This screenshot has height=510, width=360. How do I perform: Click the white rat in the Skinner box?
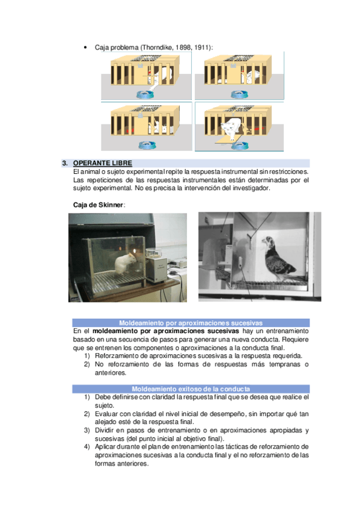pyautogui.click(x=126, y=264)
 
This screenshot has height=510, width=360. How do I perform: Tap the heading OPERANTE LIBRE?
pyautogui.click(x=103, y=163)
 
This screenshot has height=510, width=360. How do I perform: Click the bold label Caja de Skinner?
pyautogui.click(x=98, y=205)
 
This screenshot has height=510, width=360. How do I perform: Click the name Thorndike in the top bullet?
pyautogui.click(x=157, y=48)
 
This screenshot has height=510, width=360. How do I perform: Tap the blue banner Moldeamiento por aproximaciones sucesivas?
pyautogui.click(x=191, y=323)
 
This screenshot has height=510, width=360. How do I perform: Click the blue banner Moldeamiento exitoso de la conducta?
pyautogui.click(x=191, y=389)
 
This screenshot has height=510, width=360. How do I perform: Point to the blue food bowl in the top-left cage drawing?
pyautogui.click(x=145, y=94)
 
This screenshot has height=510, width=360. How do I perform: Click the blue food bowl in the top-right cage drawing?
pyautogui.click(x=239, y=94)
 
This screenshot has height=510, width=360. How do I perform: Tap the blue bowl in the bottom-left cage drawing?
pyautogui.click(x=147, y=145)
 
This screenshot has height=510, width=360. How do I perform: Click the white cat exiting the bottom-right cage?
pyautogui.click(x=232, y=128)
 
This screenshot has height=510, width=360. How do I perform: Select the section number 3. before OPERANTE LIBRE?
pyautogui.click(x=65, y=163)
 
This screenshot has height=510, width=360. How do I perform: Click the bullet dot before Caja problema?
pyautogui.click(x=85, y=48)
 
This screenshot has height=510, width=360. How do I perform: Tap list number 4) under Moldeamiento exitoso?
pyautogui.click(x=87, y=447)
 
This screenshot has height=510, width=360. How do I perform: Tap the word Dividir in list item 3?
pyautogui.click(x=103, y=431)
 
